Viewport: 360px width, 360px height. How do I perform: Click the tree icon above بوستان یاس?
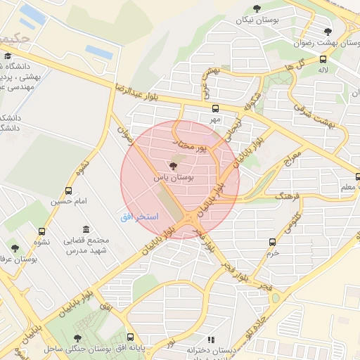(174, 167)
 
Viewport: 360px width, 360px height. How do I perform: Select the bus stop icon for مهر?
(215, 109)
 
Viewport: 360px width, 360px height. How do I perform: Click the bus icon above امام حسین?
(68, 191)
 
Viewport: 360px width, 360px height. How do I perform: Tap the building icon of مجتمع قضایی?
(86, 230)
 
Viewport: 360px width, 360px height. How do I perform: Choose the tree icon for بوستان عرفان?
(15, 247)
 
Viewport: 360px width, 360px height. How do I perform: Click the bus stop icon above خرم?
(272, 242)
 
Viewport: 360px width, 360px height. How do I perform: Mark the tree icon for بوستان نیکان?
(256, 8)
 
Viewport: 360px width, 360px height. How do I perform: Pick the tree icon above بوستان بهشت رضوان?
(328, 31)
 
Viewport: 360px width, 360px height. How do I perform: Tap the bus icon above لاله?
(322, 59)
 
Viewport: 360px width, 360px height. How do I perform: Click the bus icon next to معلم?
(356, 176)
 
